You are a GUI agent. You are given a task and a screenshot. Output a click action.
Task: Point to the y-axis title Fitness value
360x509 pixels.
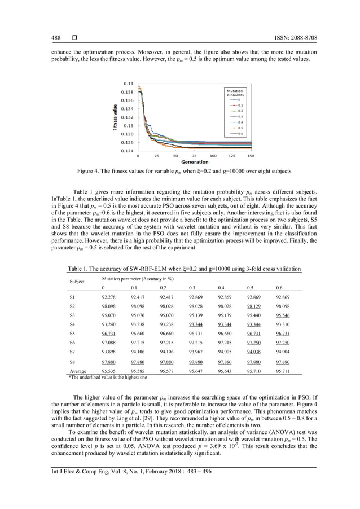(115, 118)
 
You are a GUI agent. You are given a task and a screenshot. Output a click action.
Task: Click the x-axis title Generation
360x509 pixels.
(195, 162)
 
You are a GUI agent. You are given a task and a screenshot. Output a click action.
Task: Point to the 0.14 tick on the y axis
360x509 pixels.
(128, 83)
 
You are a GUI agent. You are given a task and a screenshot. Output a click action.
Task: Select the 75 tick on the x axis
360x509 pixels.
(195, 156)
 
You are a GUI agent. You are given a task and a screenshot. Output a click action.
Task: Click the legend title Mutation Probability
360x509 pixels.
(235, 93)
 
